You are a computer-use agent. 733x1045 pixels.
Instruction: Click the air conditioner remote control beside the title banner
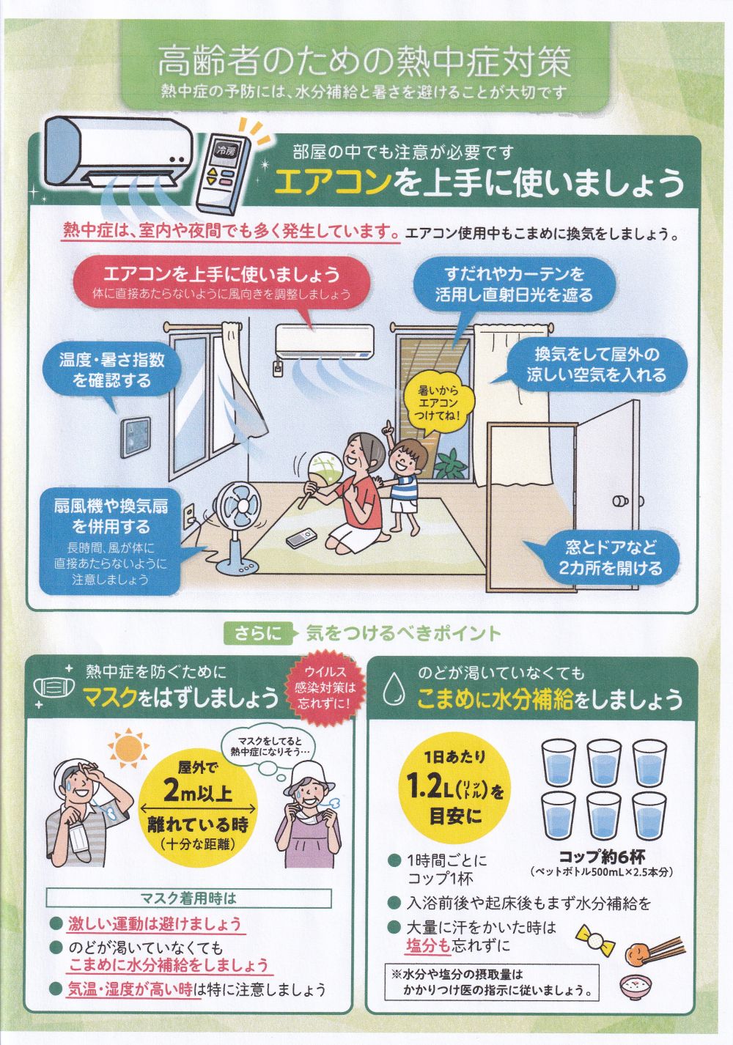click(x=222, y=172)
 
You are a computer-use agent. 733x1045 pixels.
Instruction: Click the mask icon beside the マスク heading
click(x=54, y=687)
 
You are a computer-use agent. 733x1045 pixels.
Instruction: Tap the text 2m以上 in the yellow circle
click(x=198, y=791)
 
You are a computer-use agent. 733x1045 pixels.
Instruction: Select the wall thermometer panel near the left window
click(x=136, y=437)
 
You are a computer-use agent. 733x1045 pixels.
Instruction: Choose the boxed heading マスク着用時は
click(x=188, y=898)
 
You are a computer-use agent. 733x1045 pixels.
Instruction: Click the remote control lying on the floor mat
click(x=301, y=538)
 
